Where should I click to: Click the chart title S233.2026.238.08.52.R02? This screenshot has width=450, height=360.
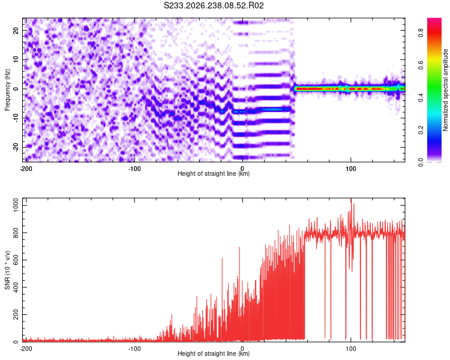tap(214, 5)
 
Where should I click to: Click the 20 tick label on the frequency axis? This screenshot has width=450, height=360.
tap(16, 31)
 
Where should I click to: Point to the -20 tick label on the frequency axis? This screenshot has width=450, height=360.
tap(16, 147)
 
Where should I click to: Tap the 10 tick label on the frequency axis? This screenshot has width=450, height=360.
tap(16, 60)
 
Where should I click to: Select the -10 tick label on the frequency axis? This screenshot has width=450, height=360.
tap(16, 118)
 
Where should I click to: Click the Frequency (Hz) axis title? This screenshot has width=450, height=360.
tap(7, 90)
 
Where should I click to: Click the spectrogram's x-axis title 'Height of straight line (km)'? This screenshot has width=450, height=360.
tap(214, 173)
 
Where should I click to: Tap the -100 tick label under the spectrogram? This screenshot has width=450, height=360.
tap(134, 169)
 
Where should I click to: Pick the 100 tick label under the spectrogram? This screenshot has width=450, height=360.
tap(351, 169)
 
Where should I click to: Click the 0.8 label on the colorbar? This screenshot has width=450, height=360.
tap(421, 33)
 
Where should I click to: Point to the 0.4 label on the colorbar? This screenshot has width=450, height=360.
tap(421, 98)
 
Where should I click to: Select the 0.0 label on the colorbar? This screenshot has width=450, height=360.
tap(421, 163)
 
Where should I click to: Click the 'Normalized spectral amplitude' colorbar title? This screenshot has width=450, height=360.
tap(445, 90)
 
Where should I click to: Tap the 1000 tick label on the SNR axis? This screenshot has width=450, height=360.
tap(16, 206)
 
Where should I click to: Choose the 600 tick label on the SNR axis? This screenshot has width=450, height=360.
tap(16, 260)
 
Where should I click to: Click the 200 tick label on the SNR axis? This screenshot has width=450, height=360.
tap(16, 314)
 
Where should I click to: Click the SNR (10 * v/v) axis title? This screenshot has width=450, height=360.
tap(7, 270)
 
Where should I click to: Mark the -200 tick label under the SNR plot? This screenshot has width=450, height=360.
tap(26, 349)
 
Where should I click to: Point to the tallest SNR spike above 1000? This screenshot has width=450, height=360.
tap(351, 199)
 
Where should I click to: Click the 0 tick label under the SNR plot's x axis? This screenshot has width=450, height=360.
tap(242, 349)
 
